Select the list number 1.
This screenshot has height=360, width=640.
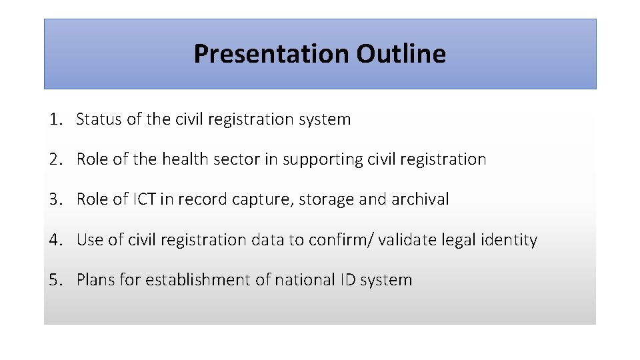(55, 120)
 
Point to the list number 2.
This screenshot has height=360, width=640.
(55, 160)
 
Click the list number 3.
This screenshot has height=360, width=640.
(55, 199)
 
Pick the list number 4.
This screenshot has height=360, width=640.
(55, 240)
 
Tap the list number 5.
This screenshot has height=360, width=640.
(55, 280)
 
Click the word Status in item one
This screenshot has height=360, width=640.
(99, 120)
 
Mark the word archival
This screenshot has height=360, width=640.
(421, 199)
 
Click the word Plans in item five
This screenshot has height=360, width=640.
(96, 280)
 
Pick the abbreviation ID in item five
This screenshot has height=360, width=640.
(347, 280)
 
